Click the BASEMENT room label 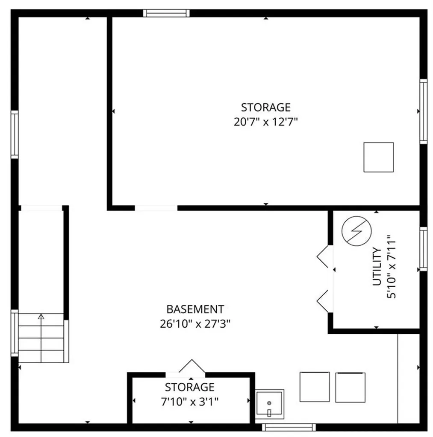[194, 309]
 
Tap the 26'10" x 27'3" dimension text [195, 323]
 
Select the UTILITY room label [377, 267]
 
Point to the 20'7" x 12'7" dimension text [265, 122]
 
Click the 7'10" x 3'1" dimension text [190, 401]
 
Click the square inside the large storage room [378, 157]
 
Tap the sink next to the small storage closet [269, 403]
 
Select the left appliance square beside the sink [314, 387]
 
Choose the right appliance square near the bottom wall [350, 387]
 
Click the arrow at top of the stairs [41, 317]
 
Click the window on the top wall [166, 13]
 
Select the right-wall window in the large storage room [423, 111]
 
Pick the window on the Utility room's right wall [423, 248]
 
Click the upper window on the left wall [15, 134]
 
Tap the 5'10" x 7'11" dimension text [392, 267]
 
